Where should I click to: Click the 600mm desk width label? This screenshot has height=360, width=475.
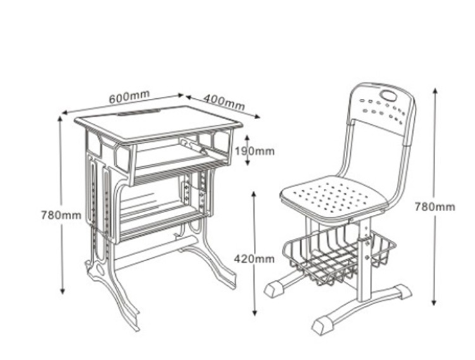coord(129,96)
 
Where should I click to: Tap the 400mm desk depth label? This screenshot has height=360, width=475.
coord(224,102)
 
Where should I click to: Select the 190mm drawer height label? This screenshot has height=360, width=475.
coord(255,150)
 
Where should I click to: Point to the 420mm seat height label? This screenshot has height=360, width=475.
coord(254,259)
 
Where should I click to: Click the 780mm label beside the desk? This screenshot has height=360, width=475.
coord(61,215)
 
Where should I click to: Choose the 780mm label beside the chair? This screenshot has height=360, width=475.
coord(434,207)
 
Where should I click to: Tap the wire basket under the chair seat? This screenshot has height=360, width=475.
coord(339,257)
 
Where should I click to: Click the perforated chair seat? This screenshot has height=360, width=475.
coord(333,198)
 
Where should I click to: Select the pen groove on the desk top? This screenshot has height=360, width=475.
coord(139,112)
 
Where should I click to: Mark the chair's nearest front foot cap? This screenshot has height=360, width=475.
coord(322,325)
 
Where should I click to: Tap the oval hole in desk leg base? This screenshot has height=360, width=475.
coord(99,269)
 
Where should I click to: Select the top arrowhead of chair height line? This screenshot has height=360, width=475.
coord(435,91)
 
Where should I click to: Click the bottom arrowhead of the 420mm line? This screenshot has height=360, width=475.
coord(255,312)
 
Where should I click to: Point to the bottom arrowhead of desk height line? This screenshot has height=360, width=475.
coord(62,291)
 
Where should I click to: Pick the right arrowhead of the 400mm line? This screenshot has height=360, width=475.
coord(257,116)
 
